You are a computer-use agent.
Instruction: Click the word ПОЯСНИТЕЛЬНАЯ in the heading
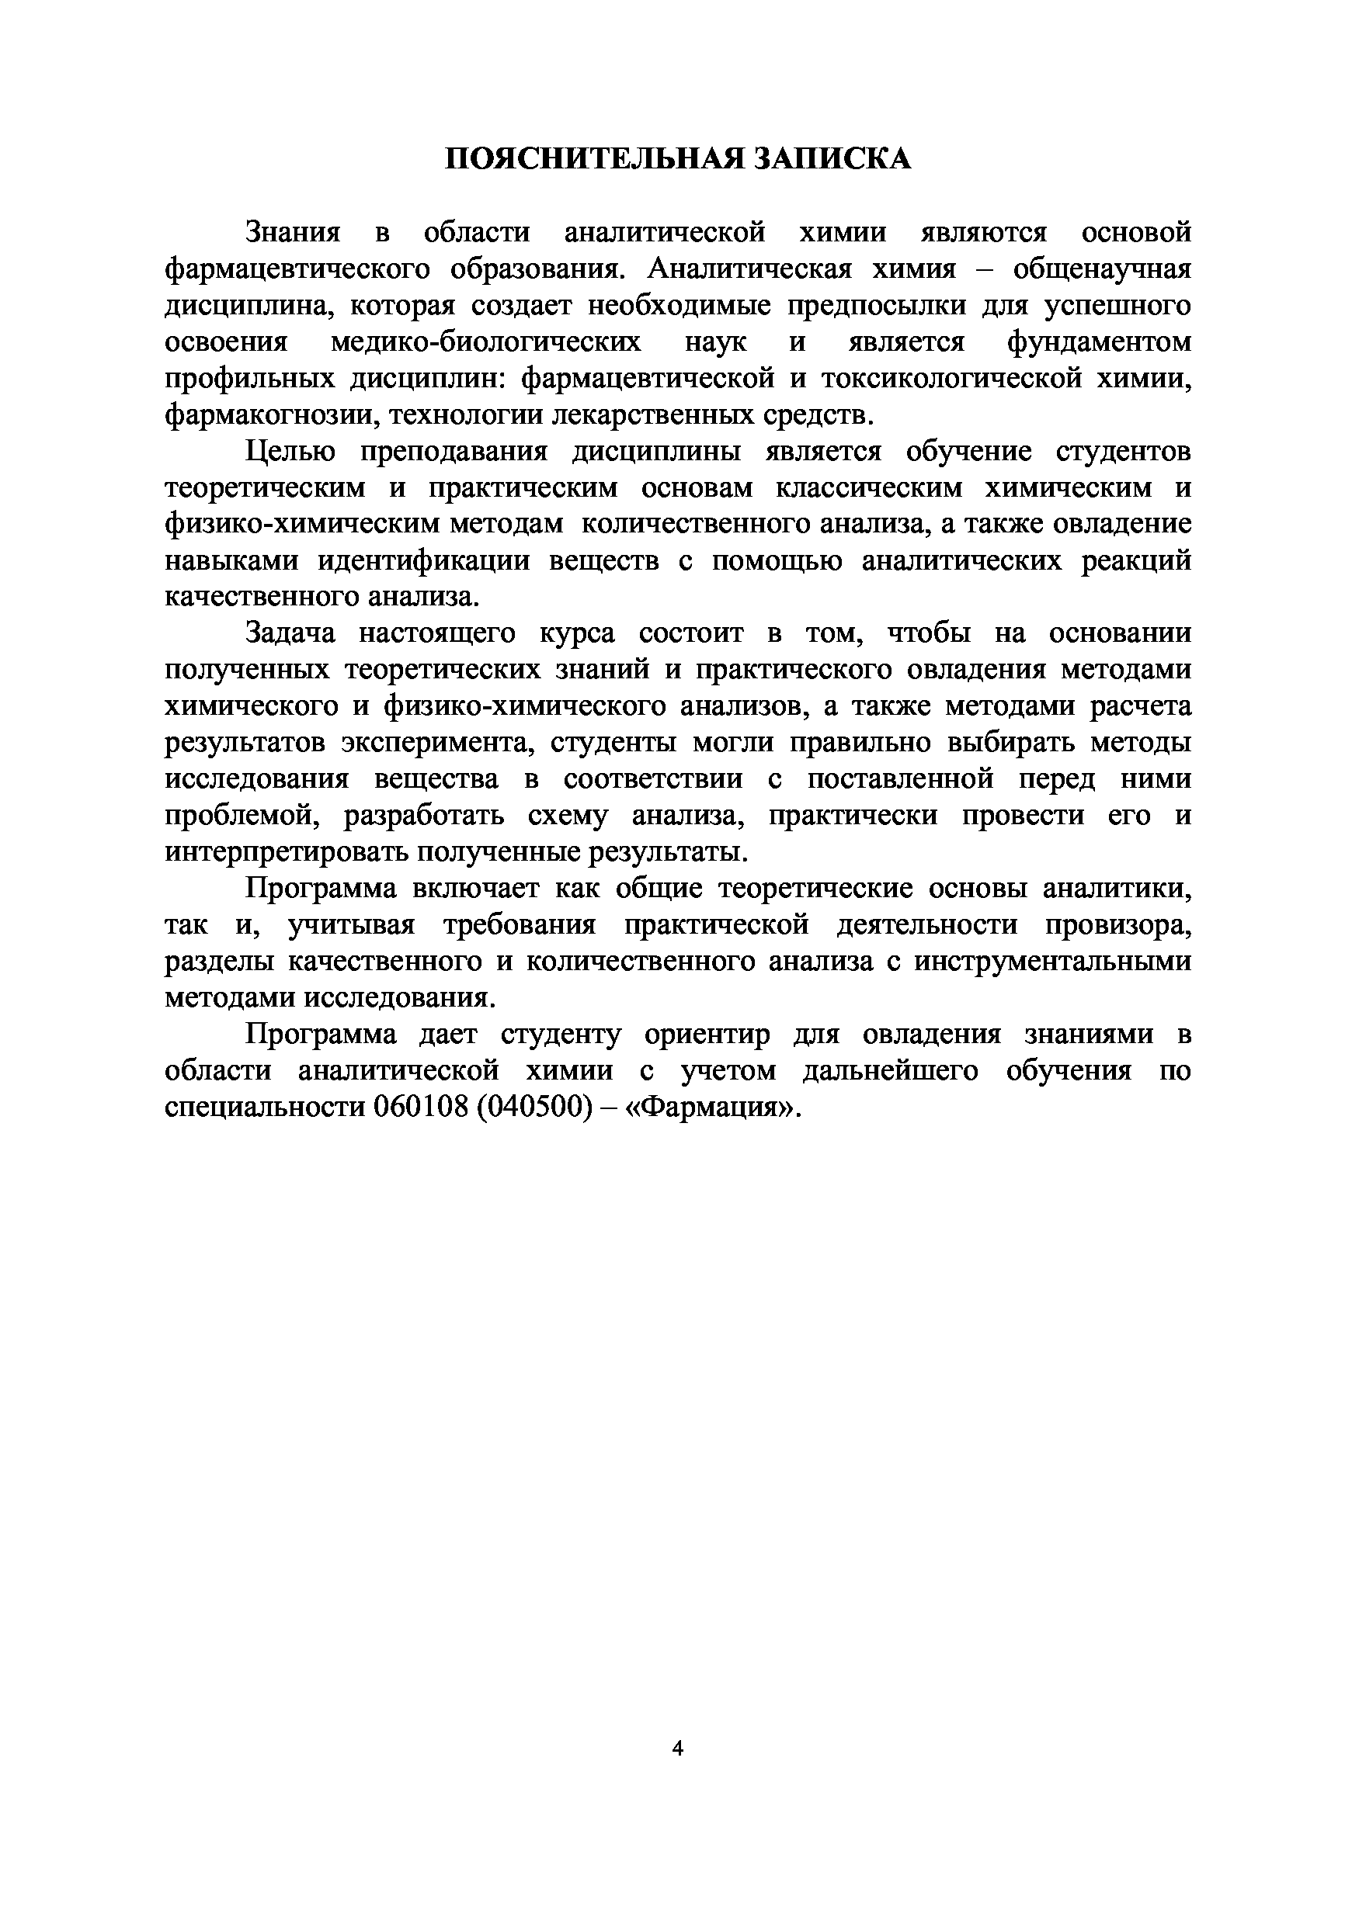pyautogui.click(x=593, y=158)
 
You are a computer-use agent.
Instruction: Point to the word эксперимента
pyautogui.click(x=434, y=743)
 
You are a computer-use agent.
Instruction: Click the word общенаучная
pyautogui.click(x=1102, y=269)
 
